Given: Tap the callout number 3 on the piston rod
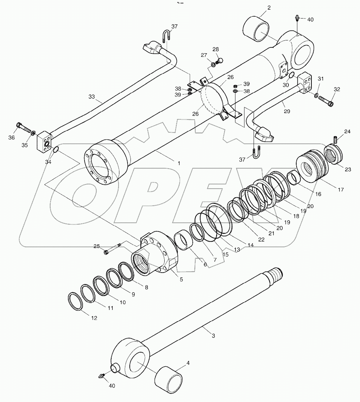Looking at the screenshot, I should [x=213, y=336].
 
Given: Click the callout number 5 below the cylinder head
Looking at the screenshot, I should [x=181, y=280].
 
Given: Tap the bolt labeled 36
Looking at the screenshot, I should [x=23, y=128].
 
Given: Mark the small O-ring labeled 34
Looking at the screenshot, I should [x=56, y=150].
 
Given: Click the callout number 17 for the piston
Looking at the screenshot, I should [x=341, y=190].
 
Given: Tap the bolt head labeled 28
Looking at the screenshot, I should [x=220, y=60].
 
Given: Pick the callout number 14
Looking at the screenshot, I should [x=250, y=245].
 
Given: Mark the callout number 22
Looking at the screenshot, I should [x=261, y=240].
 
